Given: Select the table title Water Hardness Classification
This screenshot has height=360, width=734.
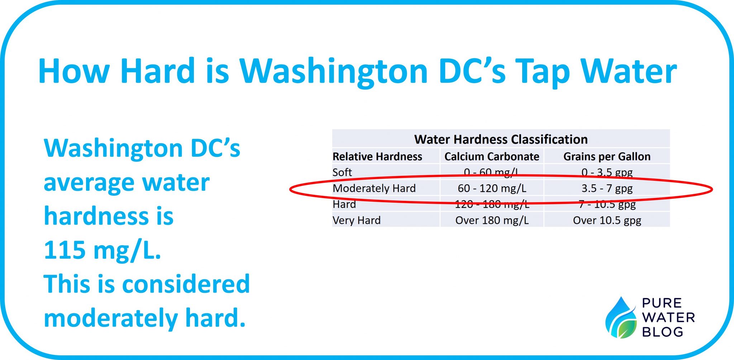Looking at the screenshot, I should point(501,139).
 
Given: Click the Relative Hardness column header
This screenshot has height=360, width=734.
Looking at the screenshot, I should point(377,157).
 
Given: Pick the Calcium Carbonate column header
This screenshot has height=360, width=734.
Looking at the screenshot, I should point(492,157).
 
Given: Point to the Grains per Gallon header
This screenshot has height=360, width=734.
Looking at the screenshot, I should point(607,157).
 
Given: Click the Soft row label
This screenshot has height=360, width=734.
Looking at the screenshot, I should point(342,172).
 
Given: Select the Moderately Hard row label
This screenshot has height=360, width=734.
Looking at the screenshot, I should point(374,188).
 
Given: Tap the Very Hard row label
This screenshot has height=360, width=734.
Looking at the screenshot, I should point(356,220).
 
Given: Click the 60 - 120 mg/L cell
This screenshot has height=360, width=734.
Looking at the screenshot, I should point(492,188).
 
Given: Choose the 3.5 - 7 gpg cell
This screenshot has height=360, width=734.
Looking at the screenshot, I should point(607,188).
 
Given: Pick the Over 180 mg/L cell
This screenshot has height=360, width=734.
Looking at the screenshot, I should point(492,220).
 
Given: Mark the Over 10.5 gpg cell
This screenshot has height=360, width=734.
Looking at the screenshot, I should point(607,220).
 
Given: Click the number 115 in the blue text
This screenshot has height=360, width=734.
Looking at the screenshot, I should point(64,250).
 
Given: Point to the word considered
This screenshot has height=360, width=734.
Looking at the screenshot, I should point(186,284).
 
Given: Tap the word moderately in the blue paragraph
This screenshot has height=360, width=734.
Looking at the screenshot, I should point(110,318).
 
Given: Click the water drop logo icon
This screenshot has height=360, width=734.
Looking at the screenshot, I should point(621,318).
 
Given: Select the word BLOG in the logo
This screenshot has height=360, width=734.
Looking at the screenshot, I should point(662,332).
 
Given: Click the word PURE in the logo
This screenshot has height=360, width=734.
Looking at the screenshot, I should point(662,303).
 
